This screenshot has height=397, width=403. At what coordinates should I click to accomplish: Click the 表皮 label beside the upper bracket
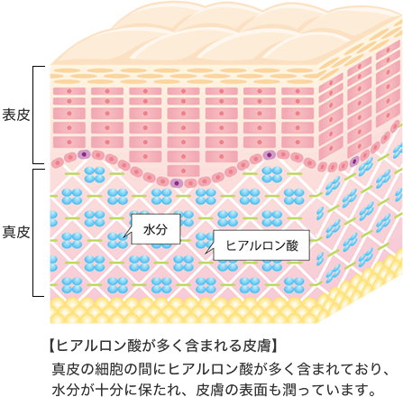point(16,115)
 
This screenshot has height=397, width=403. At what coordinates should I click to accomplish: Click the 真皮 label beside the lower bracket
point(16,232)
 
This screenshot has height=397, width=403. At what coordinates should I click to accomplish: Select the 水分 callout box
point(156,229)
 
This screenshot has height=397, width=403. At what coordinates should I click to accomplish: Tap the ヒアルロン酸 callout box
point(261,245)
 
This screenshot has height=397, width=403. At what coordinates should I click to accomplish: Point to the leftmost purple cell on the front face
point(84,154)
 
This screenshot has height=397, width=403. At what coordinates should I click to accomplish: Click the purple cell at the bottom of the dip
point(177,183)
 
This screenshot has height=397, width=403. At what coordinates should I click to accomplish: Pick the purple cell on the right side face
point(354,162)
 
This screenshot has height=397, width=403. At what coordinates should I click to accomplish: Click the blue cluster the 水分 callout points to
point(117,240)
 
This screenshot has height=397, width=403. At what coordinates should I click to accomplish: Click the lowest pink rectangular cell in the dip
point(183,171)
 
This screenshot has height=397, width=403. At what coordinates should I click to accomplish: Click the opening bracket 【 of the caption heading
point(51,346)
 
